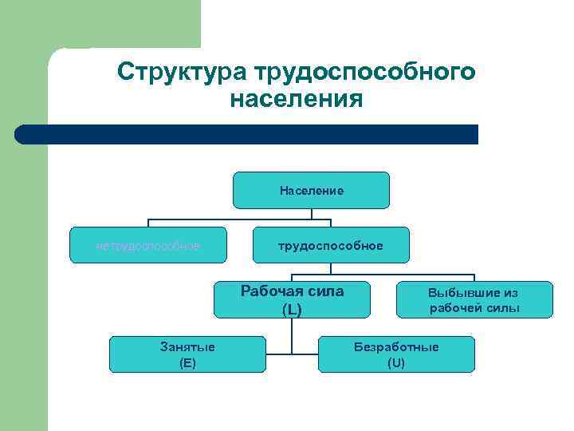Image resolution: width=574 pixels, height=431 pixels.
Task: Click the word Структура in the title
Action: (182, 72)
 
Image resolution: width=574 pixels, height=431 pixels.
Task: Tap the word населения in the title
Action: (296, 101)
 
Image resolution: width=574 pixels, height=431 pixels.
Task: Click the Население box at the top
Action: (311, 191)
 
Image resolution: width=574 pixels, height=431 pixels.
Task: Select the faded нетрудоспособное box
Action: (148, 245)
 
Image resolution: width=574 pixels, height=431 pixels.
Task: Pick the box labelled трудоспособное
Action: (330, 245)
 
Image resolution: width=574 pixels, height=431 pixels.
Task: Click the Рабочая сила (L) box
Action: (292, 299)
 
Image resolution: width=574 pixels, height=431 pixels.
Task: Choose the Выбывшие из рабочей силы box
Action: (474, 299)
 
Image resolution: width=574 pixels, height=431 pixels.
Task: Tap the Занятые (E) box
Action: (187, 354)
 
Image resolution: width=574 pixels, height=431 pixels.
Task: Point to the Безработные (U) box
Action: (396, 354)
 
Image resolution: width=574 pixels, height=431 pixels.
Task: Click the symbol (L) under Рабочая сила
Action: (292, 309)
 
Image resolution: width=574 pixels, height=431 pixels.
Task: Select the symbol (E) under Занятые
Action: (187, 362)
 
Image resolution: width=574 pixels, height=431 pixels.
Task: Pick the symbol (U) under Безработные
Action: (396, 362)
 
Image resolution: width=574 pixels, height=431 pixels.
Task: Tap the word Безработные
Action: (396, 347)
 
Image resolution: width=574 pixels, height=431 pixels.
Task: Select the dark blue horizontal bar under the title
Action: (247, 134)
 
